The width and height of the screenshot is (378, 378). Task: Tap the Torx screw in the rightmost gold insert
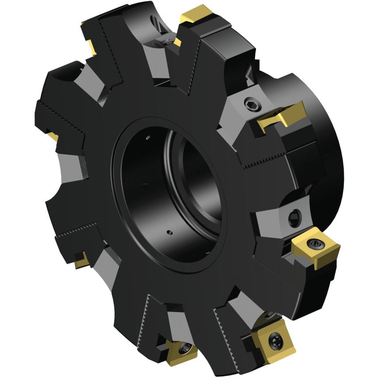click(315, 242)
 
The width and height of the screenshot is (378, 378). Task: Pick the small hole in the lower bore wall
click(169, 231)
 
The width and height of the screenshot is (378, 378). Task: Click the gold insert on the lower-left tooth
click(82, 261)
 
